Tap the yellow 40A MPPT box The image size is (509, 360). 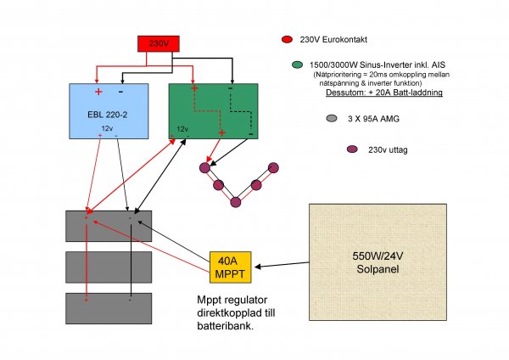tap(230, 266)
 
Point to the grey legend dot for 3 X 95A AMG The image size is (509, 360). tap(333, 119)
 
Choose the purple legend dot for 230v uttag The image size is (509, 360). tap(351, 150)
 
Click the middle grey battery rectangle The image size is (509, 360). tap(108, 267)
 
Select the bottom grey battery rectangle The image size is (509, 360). tap(108, 307)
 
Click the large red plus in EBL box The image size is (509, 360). tap(98, 92)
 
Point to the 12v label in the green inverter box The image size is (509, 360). tap(182, 129)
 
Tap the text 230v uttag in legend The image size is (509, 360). tap(382, 150)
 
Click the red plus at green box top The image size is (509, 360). tap(194, 88)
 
